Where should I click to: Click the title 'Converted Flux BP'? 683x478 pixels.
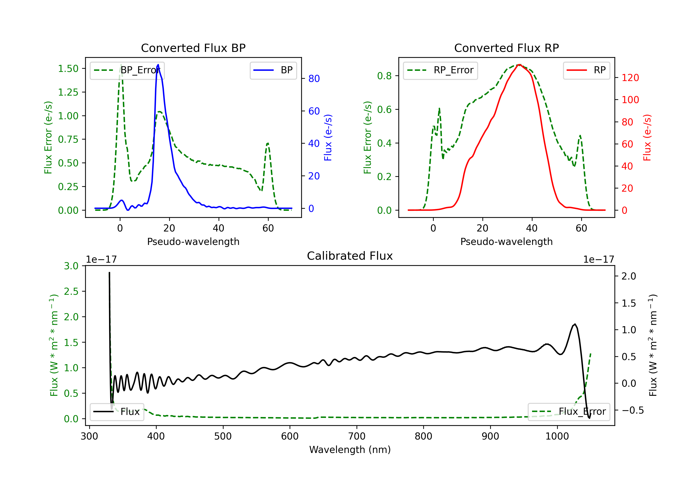[193, 48]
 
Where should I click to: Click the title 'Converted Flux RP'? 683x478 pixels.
[507, 48]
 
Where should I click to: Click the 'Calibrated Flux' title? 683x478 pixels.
[350, 256]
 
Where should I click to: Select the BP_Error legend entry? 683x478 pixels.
[127, 70]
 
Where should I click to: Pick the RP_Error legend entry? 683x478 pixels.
[440, 70]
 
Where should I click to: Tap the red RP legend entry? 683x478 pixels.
[586, 70]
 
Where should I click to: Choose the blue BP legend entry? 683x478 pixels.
[273, 70]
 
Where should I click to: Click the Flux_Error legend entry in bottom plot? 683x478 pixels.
[569, 412]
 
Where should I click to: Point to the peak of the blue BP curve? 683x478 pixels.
[158, 65]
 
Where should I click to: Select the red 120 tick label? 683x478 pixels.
[630, 78]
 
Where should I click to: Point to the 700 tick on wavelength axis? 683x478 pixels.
[357, 436]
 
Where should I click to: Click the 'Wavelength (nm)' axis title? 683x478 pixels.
[350, 450]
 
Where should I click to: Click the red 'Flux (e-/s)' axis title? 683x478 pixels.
[647, 137]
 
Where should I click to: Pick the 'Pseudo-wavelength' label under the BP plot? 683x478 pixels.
[193, 242]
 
